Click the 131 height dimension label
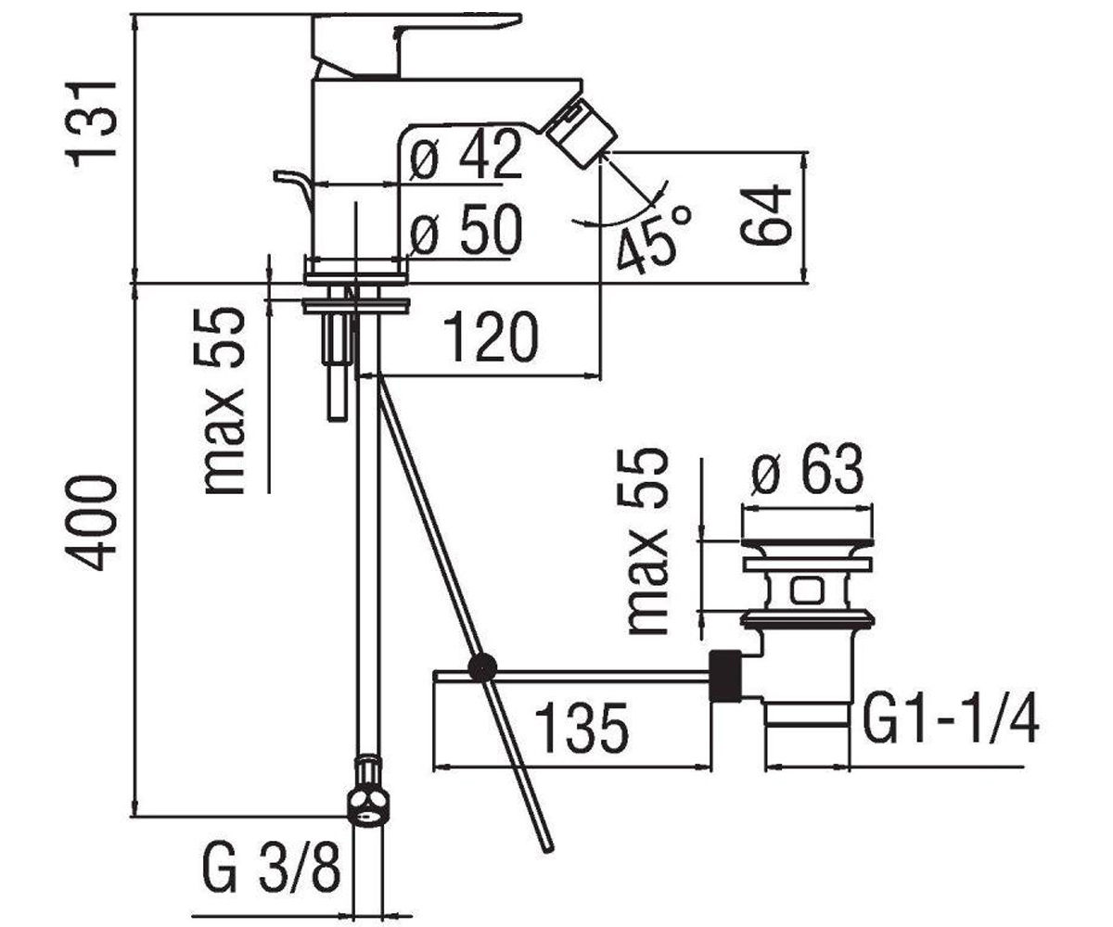(x=90, y=124)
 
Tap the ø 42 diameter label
(x=466, y=155)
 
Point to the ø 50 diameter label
(x=466, y=230)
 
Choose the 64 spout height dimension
(x=765, y=215)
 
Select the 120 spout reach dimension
(x=491, y=337)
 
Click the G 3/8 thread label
(x=272, y=868)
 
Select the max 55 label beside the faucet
(x=224, y=401)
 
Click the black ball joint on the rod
(x=482, y=667)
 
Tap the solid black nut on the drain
(x=725, y=676)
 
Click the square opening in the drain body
(x=807, y=591)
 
